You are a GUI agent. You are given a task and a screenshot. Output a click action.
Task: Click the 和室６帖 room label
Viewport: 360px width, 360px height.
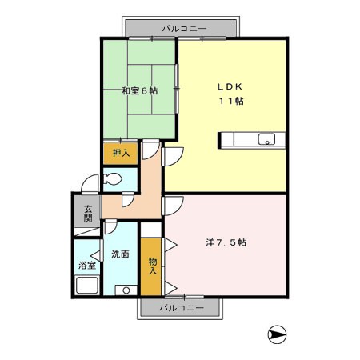click(x=140, y=90)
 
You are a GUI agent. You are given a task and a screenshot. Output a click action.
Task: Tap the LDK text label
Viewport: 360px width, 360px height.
click(x=230, y=86)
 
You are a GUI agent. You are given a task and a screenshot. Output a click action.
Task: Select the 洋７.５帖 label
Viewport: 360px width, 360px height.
click(x=226, y=242)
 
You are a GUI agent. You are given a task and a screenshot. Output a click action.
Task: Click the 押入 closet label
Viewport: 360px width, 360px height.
click(x=121, y=153)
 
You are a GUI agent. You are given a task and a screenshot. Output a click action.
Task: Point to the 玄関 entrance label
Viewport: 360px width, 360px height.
click(x=88, y=214)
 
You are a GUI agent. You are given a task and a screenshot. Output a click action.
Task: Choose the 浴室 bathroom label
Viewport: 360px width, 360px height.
click(x=87, y=266)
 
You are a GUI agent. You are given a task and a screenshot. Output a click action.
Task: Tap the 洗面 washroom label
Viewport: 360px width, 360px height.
click(x=120, y=254)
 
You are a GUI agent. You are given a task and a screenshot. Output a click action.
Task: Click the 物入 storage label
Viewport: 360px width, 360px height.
click(x=153, y=266)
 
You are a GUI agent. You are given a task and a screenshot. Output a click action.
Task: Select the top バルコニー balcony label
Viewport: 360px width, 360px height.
click(x=185, y=28)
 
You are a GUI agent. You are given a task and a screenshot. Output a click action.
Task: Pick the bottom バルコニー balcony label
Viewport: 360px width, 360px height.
click(x=182, y=308)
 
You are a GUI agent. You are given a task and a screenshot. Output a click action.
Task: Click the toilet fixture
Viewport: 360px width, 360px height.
click(x=112, y=178)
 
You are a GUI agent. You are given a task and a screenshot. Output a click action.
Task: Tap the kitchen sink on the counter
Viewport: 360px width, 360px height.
click(x=266, y=139)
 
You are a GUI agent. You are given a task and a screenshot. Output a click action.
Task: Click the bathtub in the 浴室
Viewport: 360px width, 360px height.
click(x=87, y=286)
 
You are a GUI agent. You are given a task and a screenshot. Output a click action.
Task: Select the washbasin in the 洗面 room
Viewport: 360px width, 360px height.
click(x=126, y=290)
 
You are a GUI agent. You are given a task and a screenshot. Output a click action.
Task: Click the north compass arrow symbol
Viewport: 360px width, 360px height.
click(x=277, y=334)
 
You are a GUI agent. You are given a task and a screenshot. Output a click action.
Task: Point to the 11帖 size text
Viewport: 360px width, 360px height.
click(x=231, y=101)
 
